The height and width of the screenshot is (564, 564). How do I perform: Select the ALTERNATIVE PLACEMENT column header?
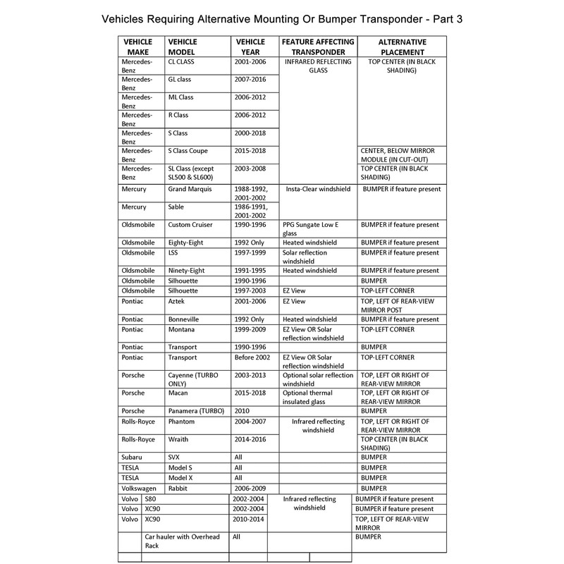(x=399, y=47)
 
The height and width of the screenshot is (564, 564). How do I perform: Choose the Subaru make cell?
(x=135, y=457)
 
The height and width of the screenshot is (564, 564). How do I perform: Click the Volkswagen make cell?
(x=141, y=487)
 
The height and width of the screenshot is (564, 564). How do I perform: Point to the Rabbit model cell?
(x=178, y=487)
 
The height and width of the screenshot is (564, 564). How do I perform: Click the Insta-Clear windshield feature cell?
(x=314, y=190)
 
